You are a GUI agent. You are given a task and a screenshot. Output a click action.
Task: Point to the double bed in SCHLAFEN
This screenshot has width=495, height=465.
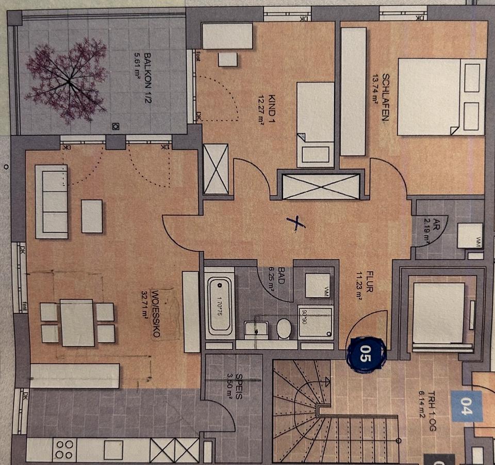441,97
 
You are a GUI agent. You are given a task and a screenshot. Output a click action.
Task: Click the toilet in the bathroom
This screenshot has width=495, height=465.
284,328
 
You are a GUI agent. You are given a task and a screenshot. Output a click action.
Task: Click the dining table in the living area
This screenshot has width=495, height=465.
77,322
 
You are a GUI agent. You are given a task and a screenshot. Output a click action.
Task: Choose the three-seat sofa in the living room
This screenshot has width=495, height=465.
51,201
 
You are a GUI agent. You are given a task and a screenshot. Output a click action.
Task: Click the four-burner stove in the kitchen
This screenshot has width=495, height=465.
64,449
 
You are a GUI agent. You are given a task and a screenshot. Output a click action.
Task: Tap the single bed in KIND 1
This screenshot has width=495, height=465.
315,124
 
